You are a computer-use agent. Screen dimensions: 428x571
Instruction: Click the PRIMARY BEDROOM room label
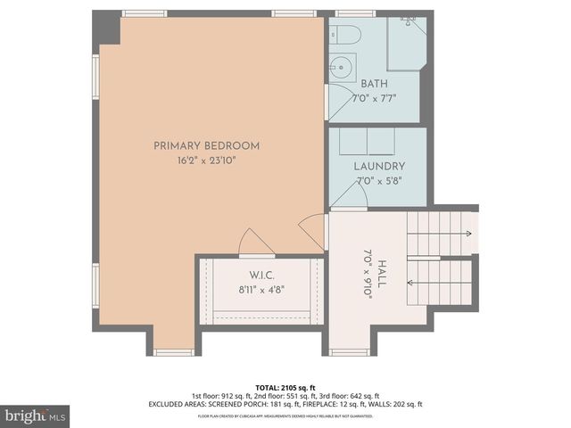[x=206, y=146]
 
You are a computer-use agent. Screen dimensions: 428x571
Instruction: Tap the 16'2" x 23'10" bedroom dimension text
[x=206, y=161]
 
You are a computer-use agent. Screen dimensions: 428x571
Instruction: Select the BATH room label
[x=374, y=84]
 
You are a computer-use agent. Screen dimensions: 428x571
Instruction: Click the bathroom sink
[x=341, y=65]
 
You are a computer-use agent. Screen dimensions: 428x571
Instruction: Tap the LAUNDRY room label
[x=379, y=166]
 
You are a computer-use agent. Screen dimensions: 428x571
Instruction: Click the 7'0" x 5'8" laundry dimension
[x=379, y=180]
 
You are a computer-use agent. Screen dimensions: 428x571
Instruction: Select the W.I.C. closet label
[x=261, y=275]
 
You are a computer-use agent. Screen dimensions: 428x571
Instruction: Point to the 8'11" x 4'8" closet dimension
[x=261, y=289]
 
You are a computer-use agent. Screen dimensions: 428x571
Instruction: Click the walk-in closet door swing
[x=254, y=243]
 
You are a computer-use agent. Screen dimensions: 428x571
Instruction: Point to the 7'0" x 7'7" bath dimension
[x=374, y=97]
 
